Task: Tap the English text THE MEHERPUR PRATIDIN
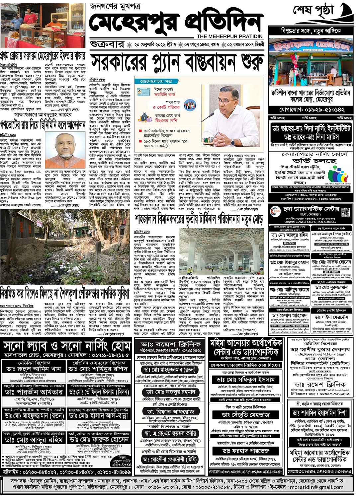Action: click(x=229, y=36)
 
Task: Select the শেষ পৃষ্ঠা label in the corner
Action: click(x=313, y=11)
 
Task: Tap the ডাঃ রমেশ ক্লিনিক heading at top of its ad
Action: click(x=171, y=344)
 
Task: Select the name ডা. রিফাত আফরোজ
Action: click(x=171, y=411)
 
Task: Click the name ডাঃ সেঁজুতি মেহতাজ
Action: click(x=246, y=415)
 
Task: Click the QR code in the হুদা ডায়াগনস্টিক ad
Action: click(x=346, y=212)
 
